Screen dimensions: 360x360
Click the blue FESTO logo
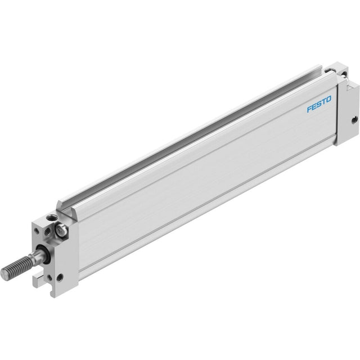319,104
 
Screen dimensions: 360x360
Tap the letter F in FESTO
310,109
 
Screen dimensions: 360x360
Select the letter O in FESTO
328,99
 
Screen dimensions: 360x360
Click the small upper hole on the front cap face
36,230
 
